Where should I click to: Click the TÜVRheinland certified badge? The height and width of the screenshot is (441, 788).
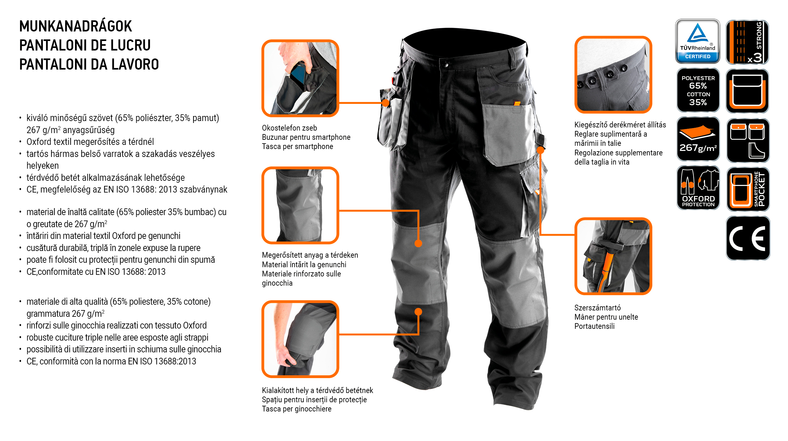pyautogui.click(x=697, y=41)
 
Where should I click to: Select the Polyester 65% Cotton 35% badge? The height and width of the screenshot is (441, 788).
pyautogui.click(x=698, y=90)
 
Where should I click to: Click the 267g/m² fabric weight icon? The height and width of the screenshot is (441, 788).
pyautogui.click(x=698, y=139)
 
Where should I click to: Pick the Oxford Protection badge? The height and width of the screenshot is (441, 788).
pyautogui.click(x=698, y=188)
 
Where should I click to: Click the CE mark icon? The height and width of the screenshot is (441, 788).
pyautogui.click(x=748, y=238)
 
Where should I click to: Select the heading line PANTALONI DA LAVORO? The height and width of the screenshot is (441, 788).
pyautogui.click(x=89, y=64)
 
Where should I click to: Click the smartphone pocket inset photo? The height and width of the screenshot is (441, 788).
pyautogui.click(x=300, y=78)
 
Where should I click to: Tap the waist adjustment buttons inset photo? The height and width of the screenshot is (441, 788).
pyautogui.click(x=613, y=75)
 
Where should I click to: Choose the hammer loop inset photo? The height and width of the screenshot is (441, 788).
pyautogui.click(x=613, y=256)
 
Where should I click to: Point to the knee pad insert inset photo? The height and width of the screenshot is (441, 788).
pyautogui.click(x=300, y=339)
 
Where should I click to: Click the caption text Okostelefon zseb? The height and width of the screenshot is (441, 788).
pyautogui.click(x=289, y=128)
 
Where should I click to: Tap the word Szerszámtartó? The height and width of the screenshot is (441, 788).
pyautogui.click(x=597, y=308)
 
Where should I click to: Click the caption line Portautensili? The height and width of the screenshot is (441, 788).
pyautogui.click(x=594, y=326)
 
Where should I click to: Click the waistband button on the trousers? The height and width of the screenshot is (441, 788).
pyautogui.click(x=445, y=65)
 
